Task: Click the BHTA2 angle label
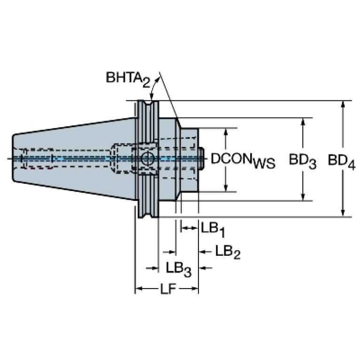point(128,79)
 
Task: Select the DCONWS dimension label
point(243,161)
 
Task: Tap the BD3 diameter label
point(303,161)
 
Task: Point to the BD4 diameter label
point(342,161)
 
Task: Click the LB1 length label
point(213,230)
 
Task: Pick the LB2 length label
point(228,252)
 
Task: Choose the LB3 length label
point(178,269)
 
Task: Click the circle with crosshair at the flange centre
point(147,159)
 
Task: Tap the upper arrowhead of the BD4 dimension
point(343,104)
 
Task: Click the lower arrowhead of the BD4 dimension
point(343,213)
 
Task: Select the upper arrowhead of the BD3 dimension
point(303,121)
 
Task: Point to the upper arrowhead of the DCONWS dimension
point(226,131)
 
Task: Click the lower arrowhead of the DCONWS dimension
point(226,188)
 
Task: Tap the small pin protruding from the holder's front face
point(201,159)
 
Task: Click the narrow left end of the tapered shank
point(13,159)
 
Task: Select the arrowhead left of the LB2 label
point(202,252)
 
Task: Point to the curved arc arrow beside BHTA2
point(153,87)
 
